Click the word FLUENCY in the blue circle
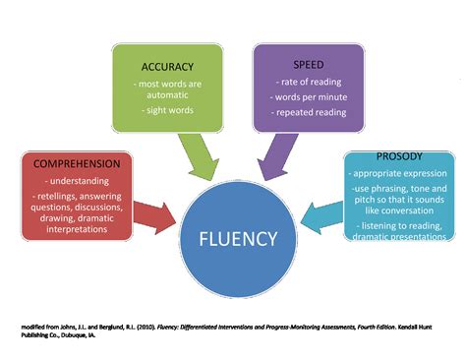(233, 237)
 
